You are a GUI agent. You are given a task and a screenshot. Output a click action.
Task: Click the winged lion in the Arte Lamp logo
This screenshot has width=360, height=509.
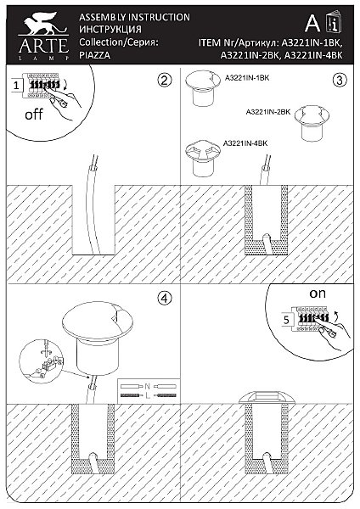[x=43, y=24]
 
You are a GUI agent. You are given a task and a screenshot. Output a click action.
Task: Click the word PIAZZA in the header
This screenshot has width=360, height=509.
[x=94, y=55]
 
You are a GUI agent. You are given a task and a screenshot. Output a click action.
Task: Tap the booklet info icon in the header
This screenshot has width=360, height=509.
[x=334, y=22]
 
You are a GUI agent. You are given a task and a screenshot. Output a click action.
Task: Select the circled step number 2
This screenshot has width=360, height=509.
[x=165, y=80]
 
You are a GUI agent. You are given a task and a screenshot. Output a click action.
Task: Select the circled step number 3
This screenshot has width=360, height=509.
[x=340, y=80]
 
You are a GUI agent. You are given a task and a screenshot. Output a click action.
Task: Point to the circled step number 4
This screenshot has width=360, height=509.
[x=165, y=298]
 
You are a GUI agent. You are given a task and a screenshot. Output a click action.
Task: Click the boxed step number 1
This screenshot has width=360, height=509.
[x=17, y=86]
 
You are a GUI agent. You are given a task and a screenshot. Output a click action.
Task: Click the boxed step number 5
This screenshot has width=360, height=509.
[x=286, y=320]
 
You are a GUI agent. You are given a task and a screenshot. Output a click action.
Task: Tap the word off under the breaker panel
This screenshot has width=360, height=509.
[x=34, y=115]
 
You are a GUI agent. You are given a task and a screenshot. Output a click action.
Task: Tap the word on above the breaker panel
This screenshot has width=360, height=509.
[x=317, y=294]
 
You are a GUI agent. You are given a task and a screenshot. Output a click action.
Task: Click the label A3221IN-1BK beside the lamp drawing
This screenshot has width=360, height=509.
[x=247, y=78]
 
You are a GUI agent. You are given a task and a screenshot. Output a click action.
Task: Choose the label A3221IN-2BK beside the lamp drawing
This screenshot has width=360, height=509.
[x=268, y=112]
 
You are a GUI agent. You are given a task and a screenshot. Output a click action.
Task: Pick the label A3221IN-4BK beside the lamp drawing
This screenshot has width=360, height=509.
[x=245, y=143]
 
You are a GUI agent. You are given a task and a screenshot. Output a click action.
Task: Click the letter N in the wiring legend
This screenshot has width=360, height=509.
[x=148, y=386]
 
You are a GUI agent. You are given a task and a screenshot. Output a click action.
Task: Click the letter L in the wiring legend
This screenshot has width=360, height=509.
[x=148, y=395]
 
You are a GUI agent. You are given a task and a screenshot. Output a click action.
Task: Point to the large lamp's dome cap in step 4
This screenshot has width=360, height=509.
[x=97, y=322]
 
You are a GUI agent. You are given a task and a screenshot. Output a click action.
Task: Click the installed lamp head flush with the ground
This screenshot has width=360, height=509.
[x=266, y=398]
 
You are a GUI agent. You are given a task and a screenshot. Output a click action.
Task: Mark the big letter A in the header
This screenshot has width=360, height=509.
[x=312, y=23]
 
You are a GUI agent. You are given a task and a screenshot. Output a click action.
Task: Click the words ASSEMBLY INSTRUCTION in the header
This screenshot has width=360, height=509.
[x=134, y=17]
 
